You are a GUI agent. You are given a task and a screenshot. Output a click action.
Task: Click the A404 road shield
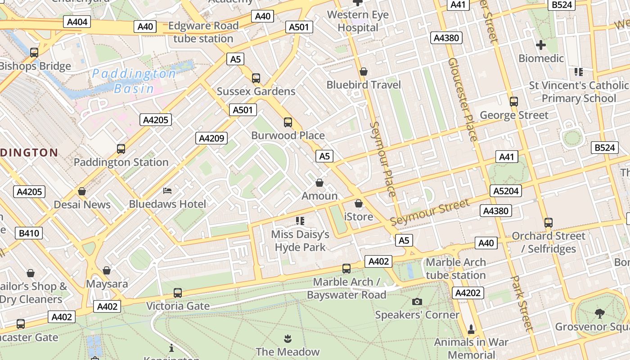click(x=77, y=22)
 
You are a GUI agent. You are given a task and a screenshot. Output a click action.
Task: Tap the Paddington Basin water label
click(x=134, y=81)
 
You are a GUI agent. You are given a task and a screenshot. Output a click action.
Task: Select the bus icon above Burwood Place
click(x=288, y=122)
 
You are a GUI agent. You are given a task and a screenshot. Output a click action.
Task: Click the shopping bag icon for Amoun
click(x=319, y=183)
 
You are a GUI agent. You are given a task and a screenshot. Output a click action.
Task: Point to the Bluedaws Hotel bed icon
click(x=167, y=191)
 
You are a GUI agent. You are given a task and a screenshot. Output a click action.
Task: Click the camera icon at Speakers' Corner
click(x=417, y=301)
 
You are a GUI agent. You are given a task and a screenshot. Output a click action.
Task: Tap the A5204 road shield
click(x=506, y=191)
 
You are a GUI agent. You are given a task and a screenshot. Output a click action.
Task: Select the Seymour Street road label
click(x=430, y=212)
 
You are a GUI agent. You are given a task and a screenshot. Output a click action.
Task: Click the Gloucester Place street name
click(x=462, y=99)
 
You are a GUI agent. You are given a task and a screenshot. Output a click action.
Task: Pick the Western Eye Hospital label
click(x=358, y=21)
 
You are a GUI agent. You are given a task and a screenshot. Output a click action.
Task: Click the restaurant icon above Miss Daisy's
click(x=300, y=220)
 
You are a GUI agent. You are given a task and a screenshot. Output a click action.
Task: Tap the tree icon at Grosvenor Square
click(x=599, y=313)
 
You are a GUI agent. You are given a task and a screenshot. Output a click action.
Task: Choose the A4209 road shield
click(x=211, y=138)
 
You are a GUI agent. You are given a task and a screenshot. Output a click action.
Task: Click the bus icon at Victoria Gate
click(x=178, y=293)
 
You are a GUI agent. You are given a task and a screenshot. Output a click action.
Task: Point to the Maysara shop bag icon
click(x=107, y=270)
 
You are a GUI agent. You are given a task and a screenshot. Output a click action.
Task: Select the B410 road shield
click(x=29, y=233)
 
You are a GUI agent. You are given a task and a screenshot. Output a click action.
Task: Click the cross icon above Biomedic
click(x=541, y=45)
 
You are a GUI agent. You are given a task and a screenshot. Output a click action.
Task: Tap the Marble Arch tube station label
click(x=455, y=269)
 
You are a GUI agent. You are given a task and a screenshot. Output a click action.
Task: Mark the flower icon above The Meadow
click(x=288, y=338)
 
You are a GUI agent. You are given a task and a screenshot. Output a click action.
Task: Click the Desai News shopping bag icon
click(x=82, y=191)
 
